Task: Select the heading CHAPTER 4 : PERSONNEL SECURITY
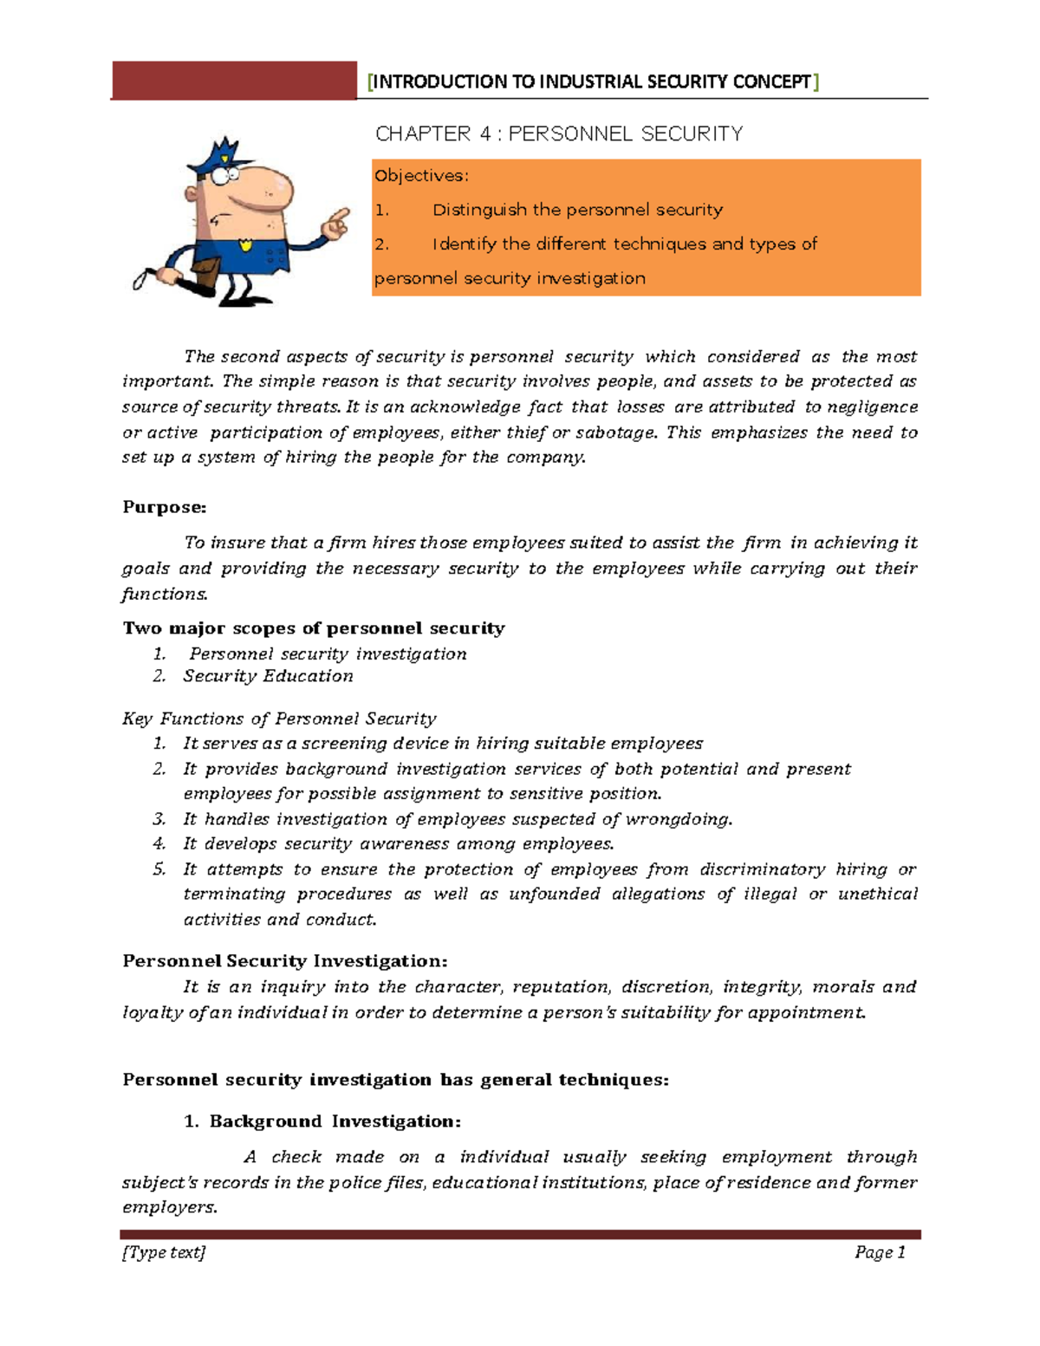tap(559, 133)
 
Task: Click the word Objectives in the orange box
tap(419, 176)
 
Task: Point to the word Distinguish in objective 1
tap(478, 210)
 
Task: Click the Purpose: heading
tap(165, 507)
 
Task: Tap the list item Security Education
tap(268, 676)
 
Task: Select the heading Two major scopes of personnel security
tap(314, 628)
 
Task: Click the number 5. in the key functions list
tap(159, 869)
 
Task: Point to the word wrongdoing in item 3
tap(678, 819)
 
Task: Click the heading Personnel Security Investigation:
tap(285, 961)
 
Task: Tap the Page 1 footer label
tap(880, 1252)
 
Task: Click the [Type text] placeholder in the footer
tap(164, 1252)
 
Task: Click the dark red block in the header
tap(234, 81)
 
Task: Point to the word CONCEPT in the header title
tap(771, 81)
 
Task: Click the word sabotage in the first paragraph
tap(614, 432)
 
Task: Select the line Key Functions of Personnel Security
tap(279, 719)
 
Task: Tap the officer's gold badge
tap(246, 244)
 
